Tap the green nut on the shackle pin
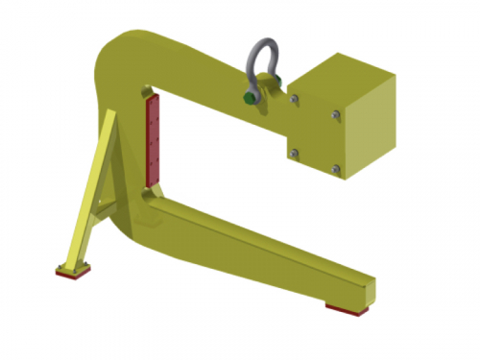252,96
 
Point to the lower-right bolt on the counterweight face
335,171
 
